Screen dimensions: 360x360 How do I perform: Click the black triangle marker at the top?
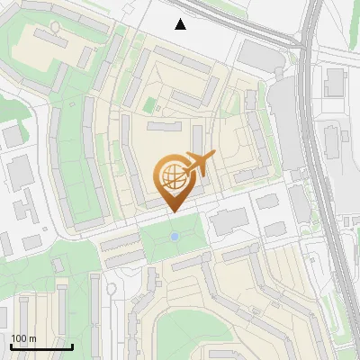coord(181,24)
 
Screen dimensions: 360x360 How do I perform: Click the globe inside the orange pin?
coord(171,175)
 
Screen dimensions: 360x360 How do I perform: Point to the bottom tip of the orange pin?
coord(171,211)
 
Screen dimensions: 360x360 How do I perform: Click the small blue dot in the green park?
coord(175,237)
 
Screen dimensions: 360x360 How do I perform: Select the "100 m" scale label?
coord(23,337)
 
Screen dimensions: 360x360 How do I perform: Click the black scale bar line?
coord(41,346)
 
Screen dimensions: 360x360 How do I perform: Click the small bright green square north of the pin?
coord(150,106)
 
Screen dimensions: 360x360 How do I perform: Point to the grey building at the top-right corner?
coord(335,82)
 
